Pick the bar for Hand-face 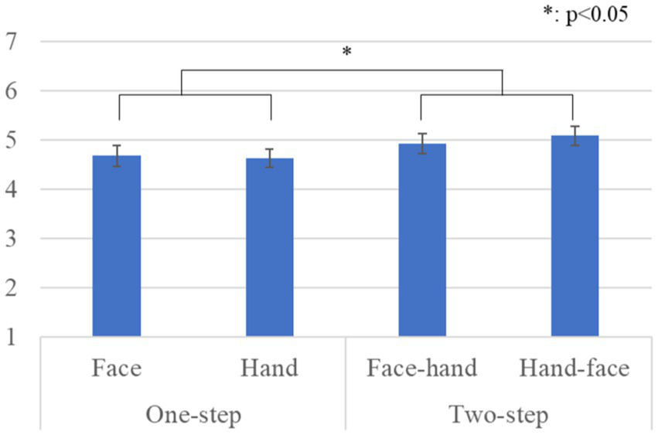click(574, 236)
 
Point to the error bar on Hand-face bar click(574, 135)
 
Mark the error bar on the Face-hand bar click(421, 143)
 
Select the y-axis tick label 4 click(11, 189)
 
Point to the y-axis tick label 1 click(11, 337)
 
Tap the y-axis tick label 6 click(11, 90)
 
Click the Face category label click(116, 369)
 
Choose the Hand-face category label click(573, 369)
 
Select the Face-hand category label click(421, 369)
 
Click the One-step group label click(193, 415)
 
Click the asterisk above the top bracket click(346, 53)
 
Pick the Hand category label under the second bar click(269, 369)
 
